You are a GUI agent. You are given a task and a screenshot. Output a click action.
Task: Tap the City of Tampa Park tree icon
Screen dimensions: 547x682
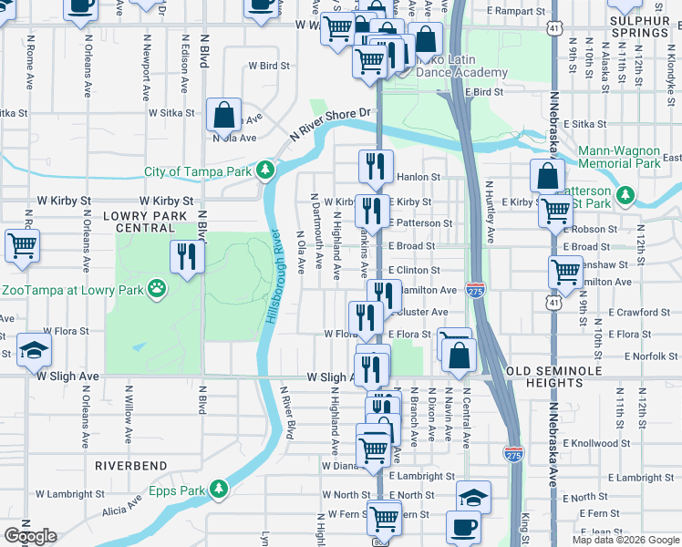[x=265, y=170]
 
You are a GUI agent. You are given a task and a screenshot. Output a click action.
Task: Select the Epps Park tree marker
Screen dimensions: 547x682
[x=219, y=490]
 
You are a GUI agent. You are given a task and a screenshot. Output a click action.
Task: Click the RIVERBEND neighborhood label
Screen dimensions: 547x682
[x=129, y=466]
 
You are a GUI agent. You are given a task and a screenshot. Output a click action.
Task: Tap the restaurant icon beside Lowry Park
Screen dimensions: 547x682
[x=187, y=256]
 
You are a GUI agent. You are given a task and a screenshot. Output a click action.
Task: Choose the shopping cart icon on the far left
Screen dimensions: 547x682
[x=22, y=245]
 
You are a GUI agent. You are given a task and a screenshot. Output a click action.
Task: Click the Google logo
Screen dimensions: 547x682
[x=30, y=536]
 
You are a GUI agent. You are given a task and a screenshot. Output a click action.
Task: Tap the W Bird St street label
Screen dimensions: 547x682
[x=269, y=66]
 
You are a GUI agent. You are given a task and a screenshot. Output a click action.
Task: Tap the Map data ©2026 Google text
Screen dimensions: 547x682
[x=625, y=540]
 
